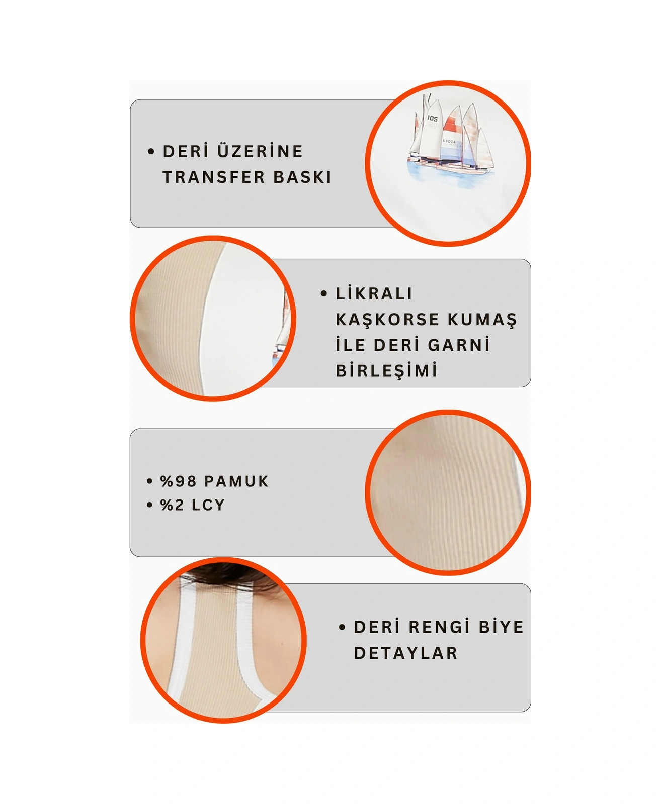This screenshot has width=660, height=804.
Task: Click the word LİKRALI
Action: (x=374, y=293)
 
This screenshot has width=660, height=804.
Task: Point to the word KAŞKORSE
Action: (x=387, y=320)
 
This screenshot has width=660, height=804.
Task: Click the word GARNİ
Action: (x=459, y=345)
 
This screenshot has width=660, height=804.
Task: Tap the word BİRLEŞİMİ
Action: (x=386, y=371)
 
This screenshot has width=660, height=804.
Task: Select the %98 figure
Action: (x=178, y=481)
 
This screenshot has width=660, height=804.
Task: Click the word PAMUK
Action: (x=236, y=481)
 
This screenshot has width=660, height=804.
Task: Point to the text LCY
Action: (x=208, y=505)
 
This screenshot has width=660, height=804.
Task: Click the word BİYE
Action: (x=501, y=627)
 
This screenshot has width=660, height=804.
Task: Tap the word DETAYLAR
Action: (x=405, y=653)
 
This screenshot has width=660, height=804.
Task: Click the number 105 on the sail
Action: (x=432, y=119)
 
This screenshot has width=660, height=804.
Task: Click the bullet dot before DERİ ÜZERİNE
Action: (x=151, y=151)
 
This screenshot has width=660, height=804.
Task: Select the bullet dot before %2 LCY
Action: (x=149, y=505)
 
